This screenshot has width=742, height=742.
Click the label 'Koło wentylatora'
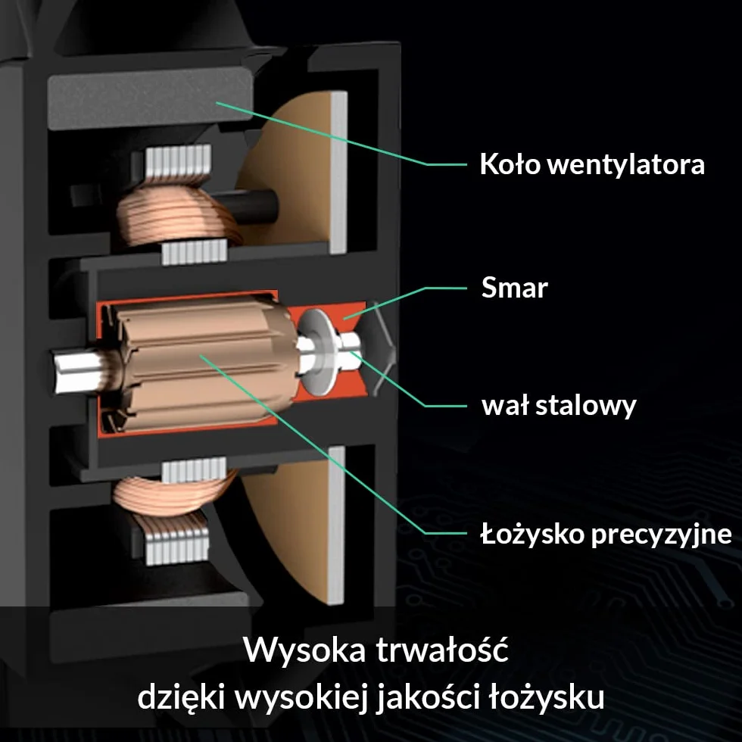coord(592,164)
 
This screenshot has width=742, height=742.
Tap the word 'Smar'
coord(514,287)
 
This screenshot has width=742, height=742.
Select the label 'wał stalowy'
coord(559,406)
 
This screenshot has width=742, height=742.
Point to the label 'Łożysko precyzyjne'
coord(606,534)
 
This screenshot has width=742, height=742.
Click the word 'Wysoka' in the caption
coord(304,650)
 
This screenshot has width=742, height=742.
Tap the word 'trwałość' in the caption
coord(442,649)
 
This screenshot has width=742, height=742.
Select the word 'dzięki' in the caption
coord(181,697)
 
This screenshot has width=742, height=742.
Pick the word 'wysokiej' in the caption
coord(301,697)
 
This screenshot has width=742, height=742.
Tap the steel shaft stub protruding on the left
coord(78,372)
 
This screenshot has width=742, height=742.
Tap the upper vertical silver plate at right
coord(339,173)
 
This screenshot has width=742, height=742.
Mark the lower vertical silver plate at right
coord(336,525)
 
